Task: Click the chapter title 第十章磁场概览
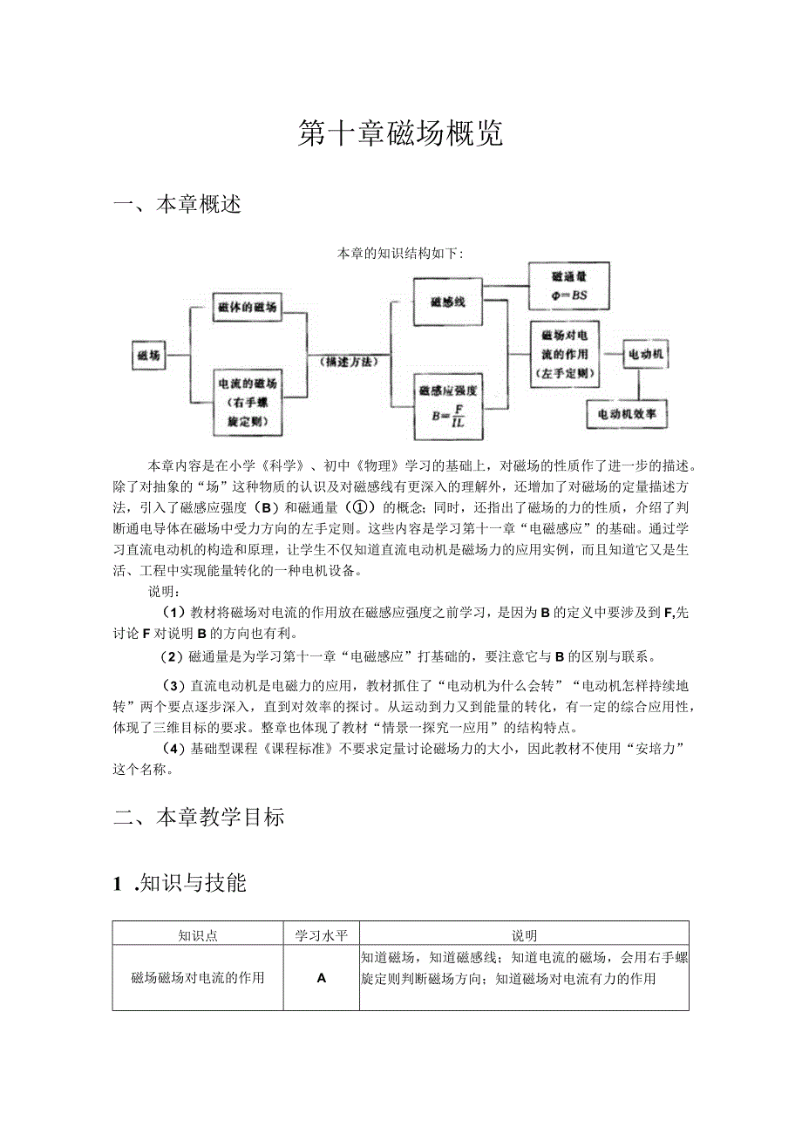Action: pyautogui.click(x=400, y=133)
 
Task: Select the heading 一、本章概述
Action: pyautogui.click(x=178, y=205)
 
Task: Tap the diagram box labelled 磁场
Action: pyautogui.click(x=148, y=355)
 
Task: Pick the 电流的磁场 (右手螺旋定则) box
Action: pyautogui.click(x=248, y=403)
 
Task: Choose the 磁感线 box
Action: pyautogui.click(x=447, y=302)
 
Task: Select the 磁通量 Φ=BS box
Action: pyautogui.click(x=569, y=286)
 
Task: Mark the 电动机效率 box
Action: pyautogui.click(x=627, y=414)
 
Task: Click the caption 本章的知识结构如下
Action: pyautogui.click(x=400, y=255)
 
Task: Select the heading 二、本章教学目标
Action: pyautogui.click(x=200, y=818)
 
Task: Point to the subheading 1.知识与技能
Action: pyautogui.click(x=180, y=883)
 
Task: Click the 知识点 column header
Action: pyautogui.click(x=198, y=935)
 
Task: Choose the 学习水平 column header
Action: pyautogui.click(x=322, y=935)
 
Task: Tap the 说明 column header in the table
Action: pyautogui.click(x=524, y=935)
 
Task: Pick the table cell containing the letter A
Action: pyautogui.click(x=322, y=978)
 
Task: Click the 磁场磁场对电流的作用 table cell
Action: pyautogui.click(x=198, y=978)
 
